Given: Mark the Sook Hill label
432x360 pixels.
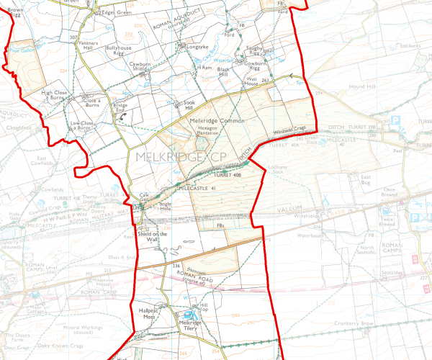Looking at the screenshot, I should click(x=190, y=105).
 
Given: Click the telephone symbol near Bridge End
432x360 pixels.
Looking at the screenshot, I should click(x=122, y=113).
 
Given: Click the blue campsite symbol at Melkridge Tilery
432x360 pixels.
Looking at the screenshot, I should click(x=190, y=315).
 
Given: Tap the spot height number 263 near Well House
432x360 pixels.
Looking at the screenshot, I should click(x=265, y=78).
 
